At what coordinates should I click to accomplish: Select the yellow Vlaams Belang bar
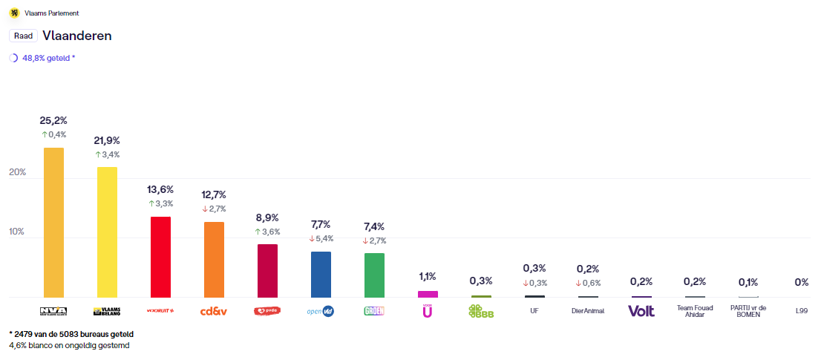(107, 232)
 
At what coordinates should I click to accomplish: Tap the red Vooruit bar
(160, 257)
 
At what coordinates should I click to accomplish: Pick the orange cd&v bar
(214, 259)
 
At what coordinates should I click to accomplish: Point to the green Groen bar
(374, 275)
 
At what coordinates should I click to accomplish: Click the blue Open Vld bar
(321, 274)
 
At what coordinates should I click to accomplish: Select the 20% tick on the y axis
(17, 172)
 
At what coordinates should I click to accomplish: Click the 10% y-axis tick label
(17, 232)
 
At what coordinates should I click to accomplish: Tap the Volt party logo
(641, 311)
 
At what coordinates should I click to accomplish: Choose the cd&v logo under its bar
(214, 311)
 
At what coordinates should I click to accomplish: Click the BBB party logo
(481, 311)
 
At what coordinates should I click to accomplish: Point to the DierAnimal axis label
(588, 311)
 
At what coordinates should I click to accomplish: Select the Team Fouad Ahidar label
(695, 311)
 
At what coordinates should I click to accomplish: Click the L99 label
(802, 311)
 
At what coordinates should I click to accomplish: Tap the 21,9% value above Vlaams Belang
(107, 140)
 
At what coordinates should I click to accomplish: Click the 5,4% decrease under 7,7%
(321, 238)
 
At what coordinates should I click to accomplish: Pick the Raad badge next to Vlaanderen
(23, 36)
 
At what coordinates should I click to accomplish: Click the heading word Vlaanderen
(77, 36)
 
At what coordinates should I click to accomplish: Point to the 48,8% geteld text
(48, 58)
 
